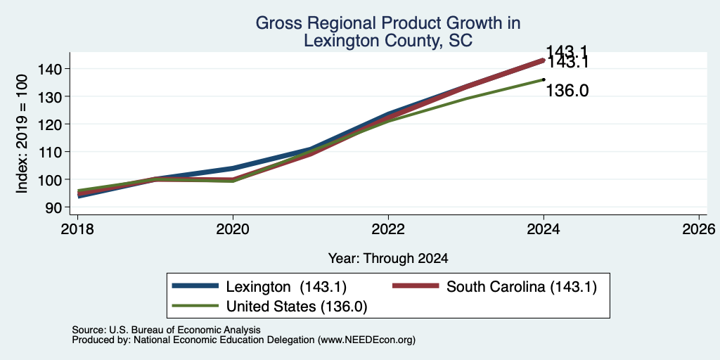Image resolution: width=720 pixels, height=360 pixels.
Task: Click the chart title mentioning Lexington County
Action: (x=388, y=32)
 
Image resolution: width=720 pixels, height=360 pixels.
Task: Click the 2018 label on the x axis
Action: (x=77, y=229)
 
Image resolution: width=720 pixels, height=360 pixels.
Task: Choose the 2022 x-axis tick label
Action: (x=388, y=229)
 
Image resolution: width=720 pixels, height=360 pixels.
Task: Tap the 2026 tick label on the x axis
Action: (x=699, y=229)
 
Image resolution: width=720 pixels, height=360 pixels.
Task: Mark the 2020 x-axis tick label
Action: (x=233, y=229)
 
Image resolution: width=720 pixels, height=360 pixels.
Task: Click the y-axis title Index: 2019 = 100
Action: (x=22, y=134)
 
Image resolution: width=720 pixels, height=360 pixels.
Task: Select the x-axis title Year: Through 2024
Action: (x=388, y=258)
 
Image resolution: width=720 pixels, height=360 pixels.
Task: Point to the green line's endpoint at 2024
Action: (x=544, y=79)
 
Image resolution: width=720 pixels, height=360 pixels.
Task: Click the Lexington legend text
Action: (x=286, y=287)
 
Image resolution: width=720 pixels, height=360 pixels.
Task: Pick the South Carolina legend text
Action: (x=522, y=287)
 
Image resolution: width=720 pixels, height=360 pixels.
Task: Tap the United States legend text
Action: (x=297, y=307)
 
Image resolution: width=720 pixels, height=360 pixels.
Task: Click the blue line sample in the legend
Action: (x=195, y=286)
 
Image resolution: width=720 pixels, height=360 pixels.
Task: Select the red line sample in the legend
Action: (x=416, y=286)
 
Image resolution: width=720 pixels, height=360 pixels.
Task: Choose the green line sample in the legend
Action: (x=195, y=305)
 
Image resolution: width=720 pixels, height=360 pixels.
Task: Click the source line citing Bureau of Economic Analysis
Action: (x=166, y=330)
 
